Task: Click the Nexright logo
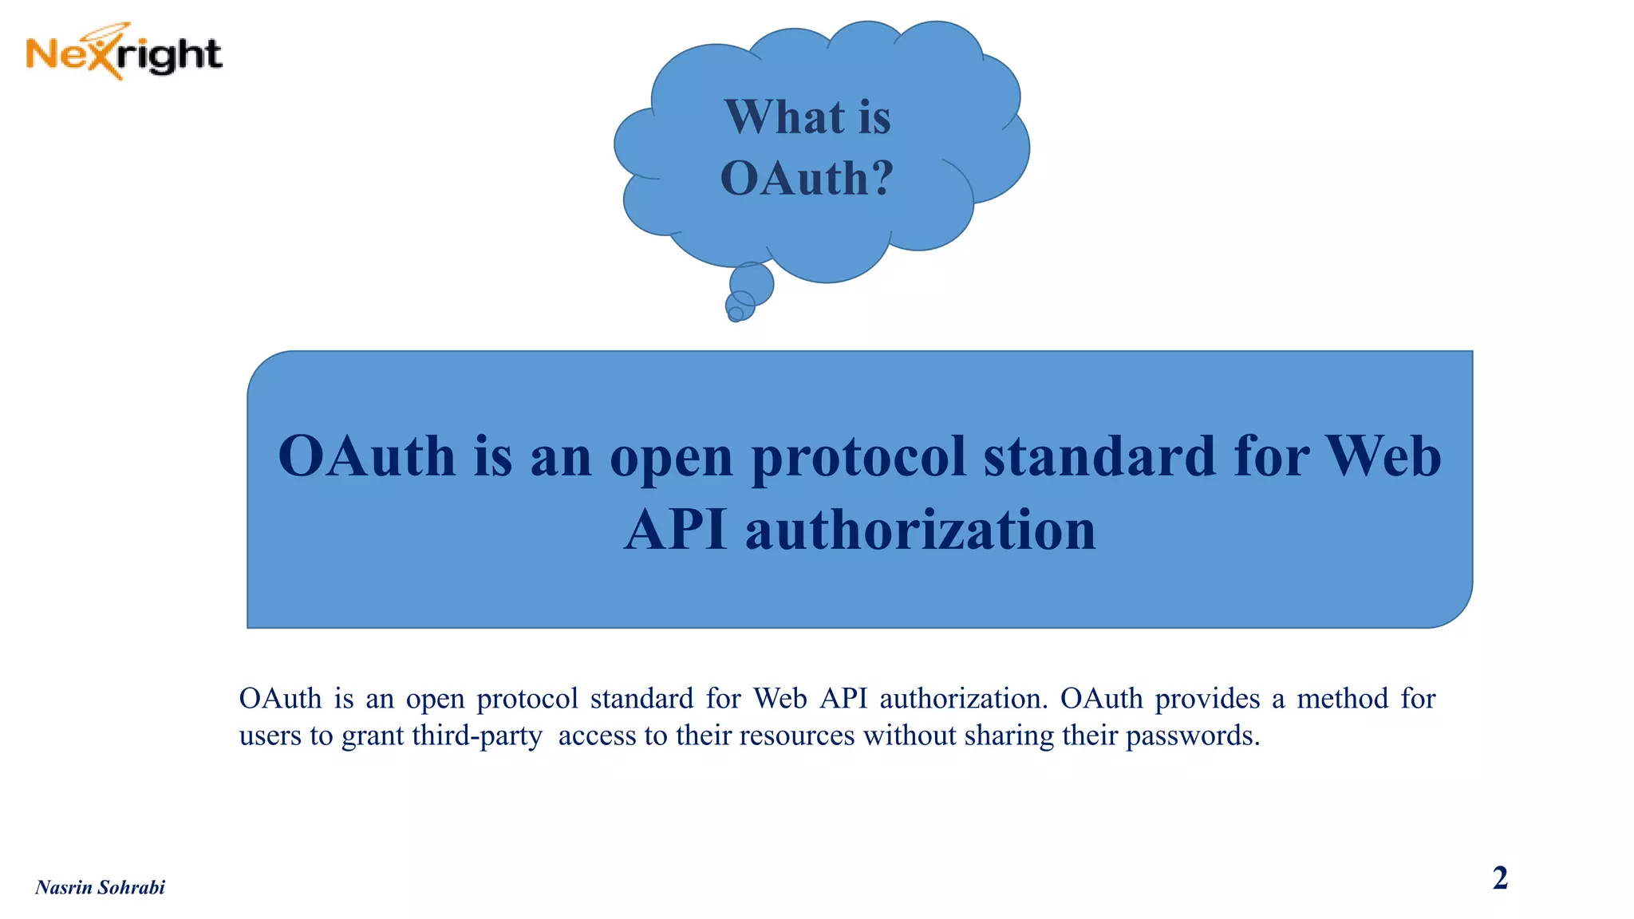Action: pos(124,53)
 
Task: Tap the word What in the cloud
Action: pos(784,117)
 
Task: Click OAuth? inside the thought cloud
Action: pos(807,178)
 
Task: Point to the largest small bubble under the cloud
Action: pos(752,283)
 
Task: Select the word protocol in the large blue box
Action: pos(858,458)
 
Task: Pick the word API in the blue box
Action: pos(675,530)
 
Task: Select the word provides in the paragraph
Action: pos(1207,700)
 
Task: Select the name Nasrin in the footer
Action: pos(64,888)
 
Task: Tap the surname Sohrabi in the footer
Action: pos(132,888)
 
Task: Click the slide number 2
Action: pos(1500,878)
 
